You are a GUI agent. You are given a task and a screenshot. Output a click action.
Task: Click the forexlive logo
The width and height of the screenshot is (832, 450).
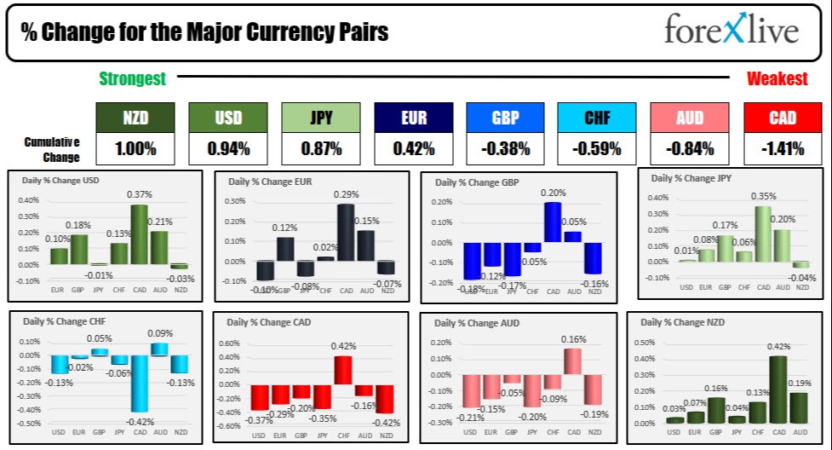point(732,31)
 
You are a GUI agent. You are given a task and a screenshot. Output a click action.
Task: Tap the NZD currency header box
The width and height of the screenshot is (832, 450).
point(135,118)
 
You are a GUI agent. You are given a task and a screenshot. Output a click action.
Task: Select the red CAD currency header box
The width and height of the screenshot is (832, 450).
point(783,118)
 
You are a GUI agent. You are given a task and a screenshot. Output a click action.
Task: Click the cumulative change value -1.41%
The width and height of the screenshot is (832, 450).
point(783,149)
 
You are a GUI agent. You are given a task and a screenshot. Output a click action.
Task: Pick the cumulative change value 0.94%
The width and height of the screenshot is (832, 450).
point(228,149)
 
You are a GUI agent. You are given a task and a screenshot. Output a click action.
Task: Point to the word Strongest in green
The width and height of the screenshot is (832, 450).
point(132,79)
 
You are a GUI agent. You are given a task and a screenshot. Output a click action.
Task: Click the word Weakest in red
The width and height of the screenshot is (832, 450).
point(777,79)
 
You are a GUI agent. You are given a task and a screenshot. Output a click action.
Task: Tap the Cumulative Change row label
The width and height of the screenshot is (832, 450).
point(52,149)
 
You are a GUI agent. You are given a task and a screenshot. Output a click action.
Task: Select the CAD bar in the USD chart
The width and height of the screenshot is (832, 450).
point(139,234)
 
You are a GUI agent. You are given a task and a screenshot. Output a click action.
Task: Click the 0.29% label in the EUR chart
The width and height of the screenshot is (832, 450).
point(345,195)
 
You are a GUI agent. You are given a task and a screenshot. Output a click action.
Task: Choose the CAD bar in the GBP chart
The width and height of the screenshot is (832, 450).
point(553,222)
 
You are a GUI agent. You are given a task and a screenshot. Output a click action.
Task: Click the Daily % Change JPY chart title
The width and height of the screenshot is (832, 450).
point(692,178)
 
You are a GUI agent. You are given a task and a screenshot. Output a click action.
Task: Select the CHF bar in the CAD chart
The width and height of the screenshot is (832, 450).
point(342,370)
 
